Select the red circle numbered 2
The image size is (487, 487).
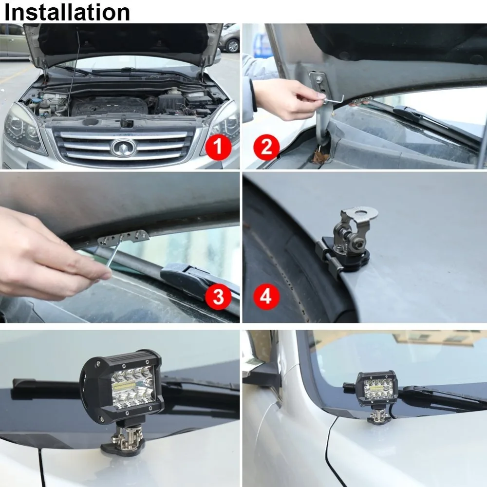pos(266,146)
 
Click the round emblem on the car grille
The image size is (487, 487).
pos(122,148)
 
